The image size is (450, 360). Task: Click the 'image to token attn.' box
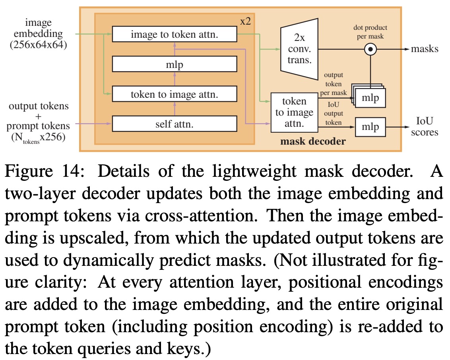[174, 35]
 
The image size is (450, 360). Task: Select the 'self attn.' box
[174, 124]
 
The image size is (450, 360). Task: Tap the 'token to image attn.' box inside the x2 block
[174, 95]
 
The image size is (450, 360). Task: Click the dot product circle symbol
[370, 50]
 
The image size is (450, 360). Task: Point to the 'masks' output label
[425, 49]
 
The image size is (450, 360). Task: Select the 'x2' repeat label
[245, 21]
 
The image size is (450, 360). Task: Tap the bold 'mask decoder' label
[313, 141]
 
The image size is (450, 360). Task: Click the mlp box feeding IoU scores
[370, 127]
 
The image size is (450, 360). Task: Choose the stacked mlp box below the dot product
[370, 98]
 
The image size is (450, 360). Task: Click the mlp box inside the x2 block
[174, 65]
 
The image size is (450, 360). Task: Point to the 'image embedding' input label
[38, 29]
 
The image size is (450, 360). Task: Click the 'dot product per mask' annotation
[370, 32]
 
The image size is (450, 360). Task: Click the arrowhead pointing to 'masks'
[406, 49]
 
